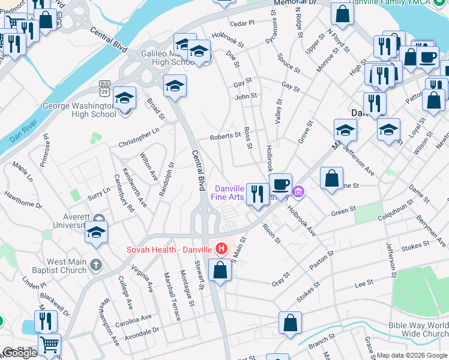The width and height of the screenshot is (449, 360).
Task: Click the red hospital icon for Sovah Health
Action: [x=221, y=248]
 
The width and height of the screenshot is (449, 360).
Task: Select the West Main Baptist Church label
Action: [x=67, y=266]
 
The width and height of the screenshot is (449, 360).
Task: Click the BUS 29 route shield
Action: [x=105, y=88]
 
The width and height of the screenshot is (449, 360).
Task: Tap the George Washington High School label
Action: [x=79, y=110]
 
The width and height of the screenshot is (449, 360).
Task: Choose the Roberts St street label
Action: [x=225, y=137]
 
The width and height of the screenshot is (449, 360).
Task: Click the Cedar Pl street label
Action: [x=242, y=23]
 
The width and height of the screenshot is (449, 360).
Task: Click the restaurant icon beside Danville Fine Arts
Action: [x=258, y=194]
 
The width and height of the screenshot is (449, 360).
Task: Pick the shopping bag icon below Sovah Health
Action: [x=220, y=271]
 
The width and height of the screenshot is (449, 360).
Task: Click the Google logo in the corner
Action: [x=20, y=353]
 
